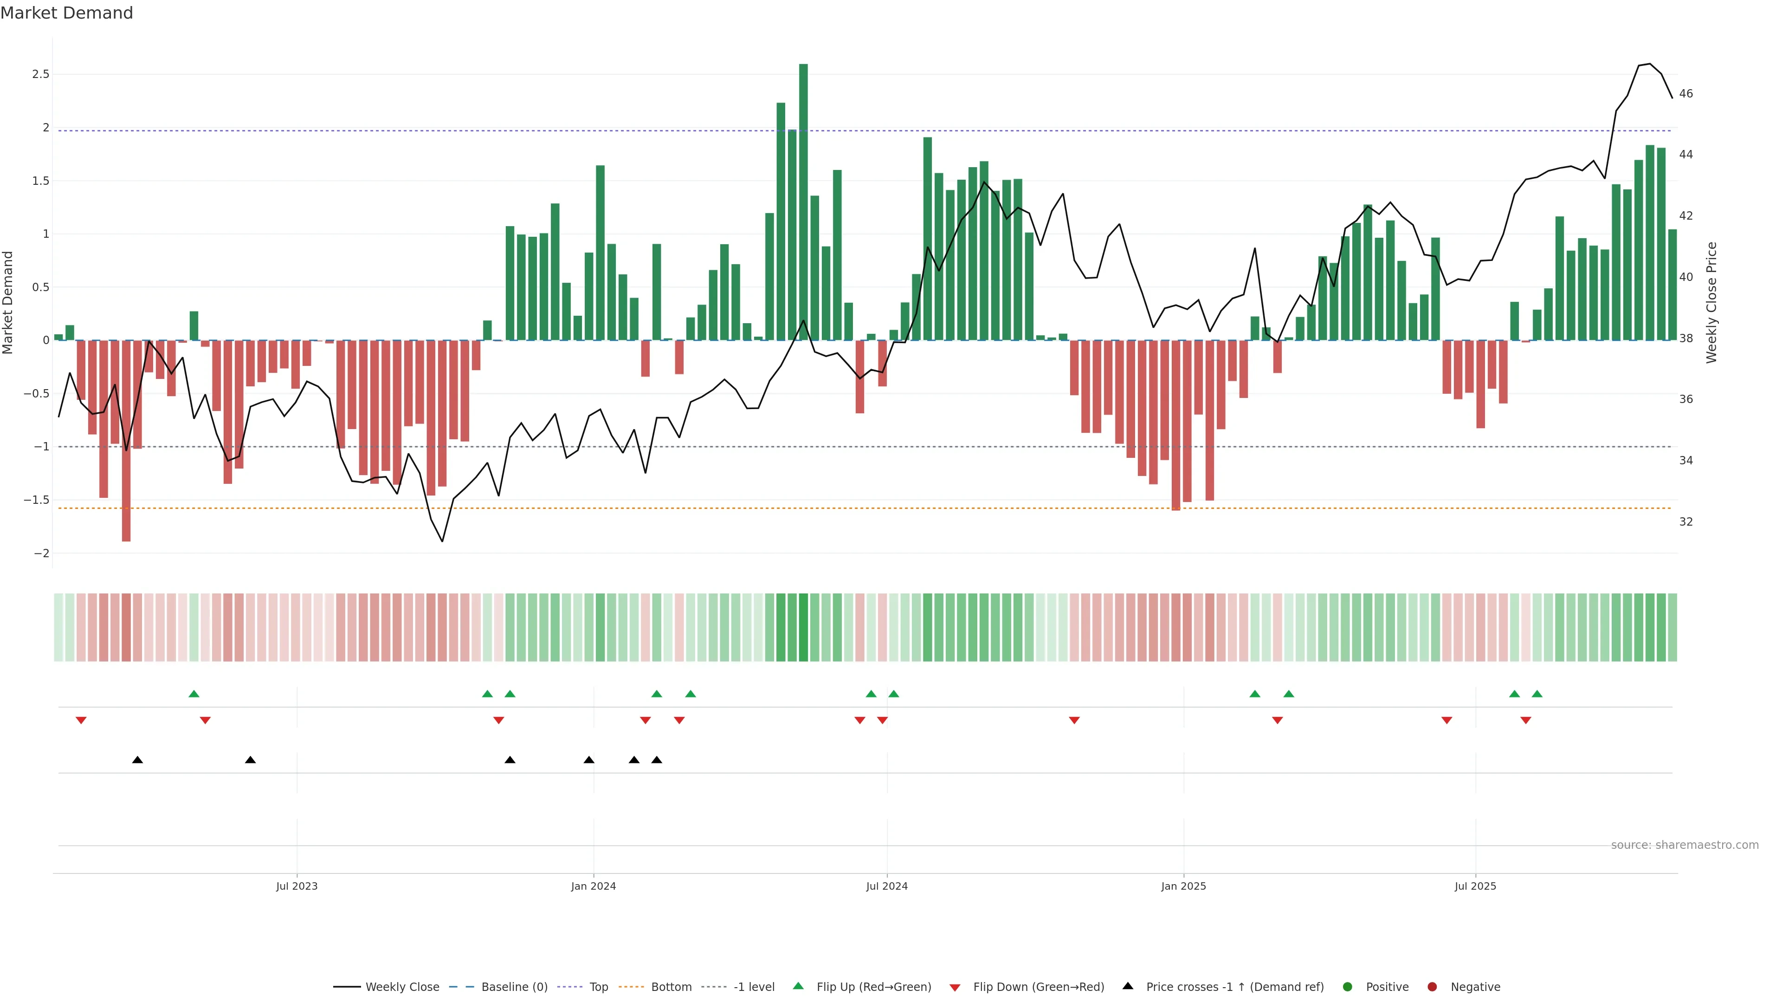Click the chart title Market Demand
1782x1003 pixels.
coord(66,13)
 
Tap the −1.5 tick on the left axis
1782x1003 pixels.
coord(37,500)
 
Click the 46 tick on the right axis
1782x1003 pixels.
coord(1686,93)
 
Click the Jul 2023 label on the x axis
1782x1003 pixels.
coord(297,886)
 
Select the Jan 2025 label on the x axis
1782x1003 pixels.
coord(1184,886)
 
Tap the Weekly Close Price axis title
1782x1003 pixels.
coord(1711,302)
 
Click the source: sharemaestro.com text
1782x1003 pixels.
coord(1685,845)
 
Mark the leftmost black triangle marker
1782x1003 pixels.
coord(138,760)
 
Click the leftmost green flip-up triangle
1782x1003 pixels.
coord(194,694)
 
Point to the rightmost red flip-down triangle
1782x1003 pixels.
coord(1525,721)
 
